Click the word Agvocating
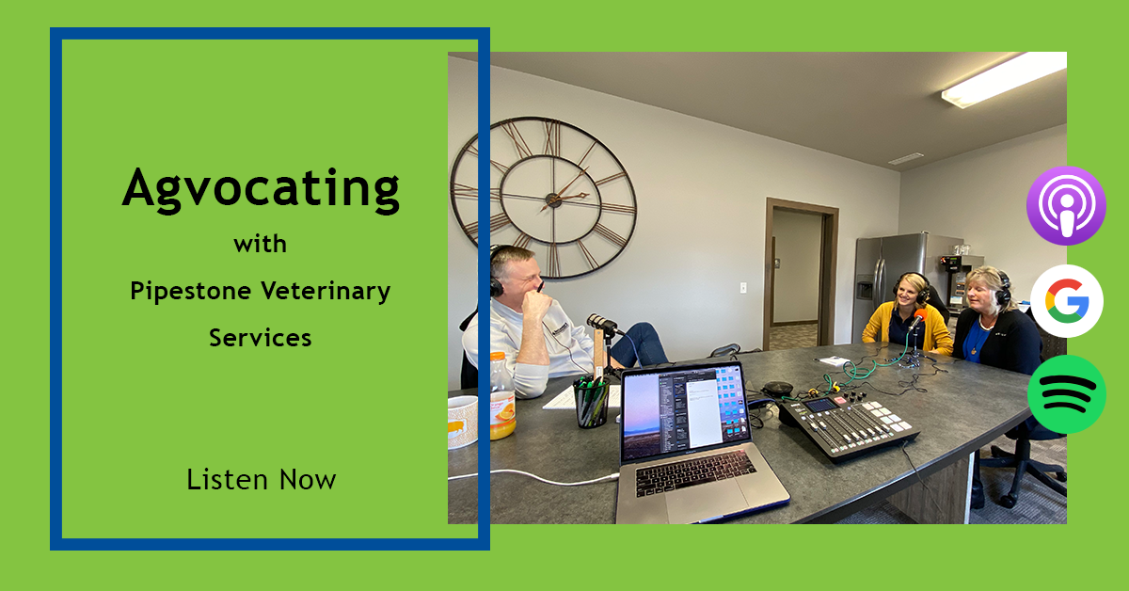pyautogui.click(x=261, y=188)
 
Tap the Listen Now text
pyautogui.click(x=261, y=479)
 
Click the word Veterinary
pyautogui.click(x=326, y=291)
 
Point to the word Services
pyautogui.click(x=261, y=337)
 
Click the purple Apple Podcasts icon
pyautogui.click(x=1066, y=205)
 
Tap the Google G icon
pyautogui.click(x=1066, y=301)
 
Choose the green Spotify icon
pyautogui.click(x=1066, y=394)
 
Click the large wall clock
pyautogui.click(x=543, y=197)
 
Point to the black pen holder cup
pyautogui.click(x=591, y=403)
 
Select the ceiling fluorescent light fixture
pyautogui.click(x=1003, y=79)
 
